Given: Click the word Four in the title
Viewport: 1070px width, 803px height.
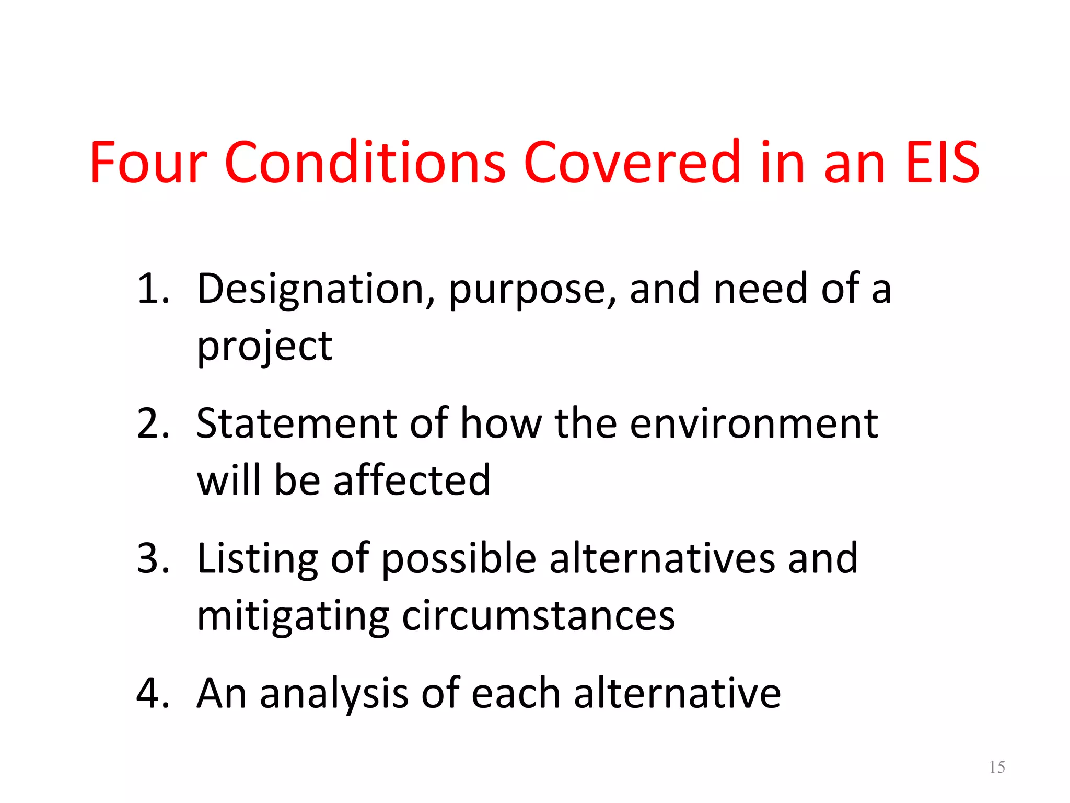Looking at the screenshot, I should pyautogui.click(x=149, y=163).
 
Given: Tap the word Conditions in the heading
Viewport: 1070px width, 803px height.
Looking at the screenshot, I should pyautogui.click(x=365, y=163).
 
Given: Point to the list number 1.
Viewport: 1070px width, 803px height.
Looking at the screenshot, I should pyautogui.click(x=152, y=289).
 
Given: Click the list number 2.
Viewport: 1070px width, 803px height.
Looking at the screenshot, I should pyautogui.click(x=153, y=423).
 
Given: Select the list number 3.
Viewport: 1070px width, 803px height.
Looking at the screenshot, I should pyautogui.click(x=153, y=558).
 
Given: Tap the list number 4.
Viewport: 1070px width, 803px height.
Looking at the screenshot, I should pyautogui.click(x=153, y=693).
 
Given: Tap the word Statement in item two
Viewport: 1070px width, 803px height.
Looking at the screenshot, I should pyautogui.click(x=296, y=423).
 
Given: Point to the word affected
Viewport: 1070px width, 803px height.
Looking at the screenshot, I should pyautogui.click(x=412, y=480).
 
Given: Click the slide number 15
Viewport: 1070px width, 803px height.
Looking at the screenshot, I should pyautogui.click(x=997, y=767).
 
